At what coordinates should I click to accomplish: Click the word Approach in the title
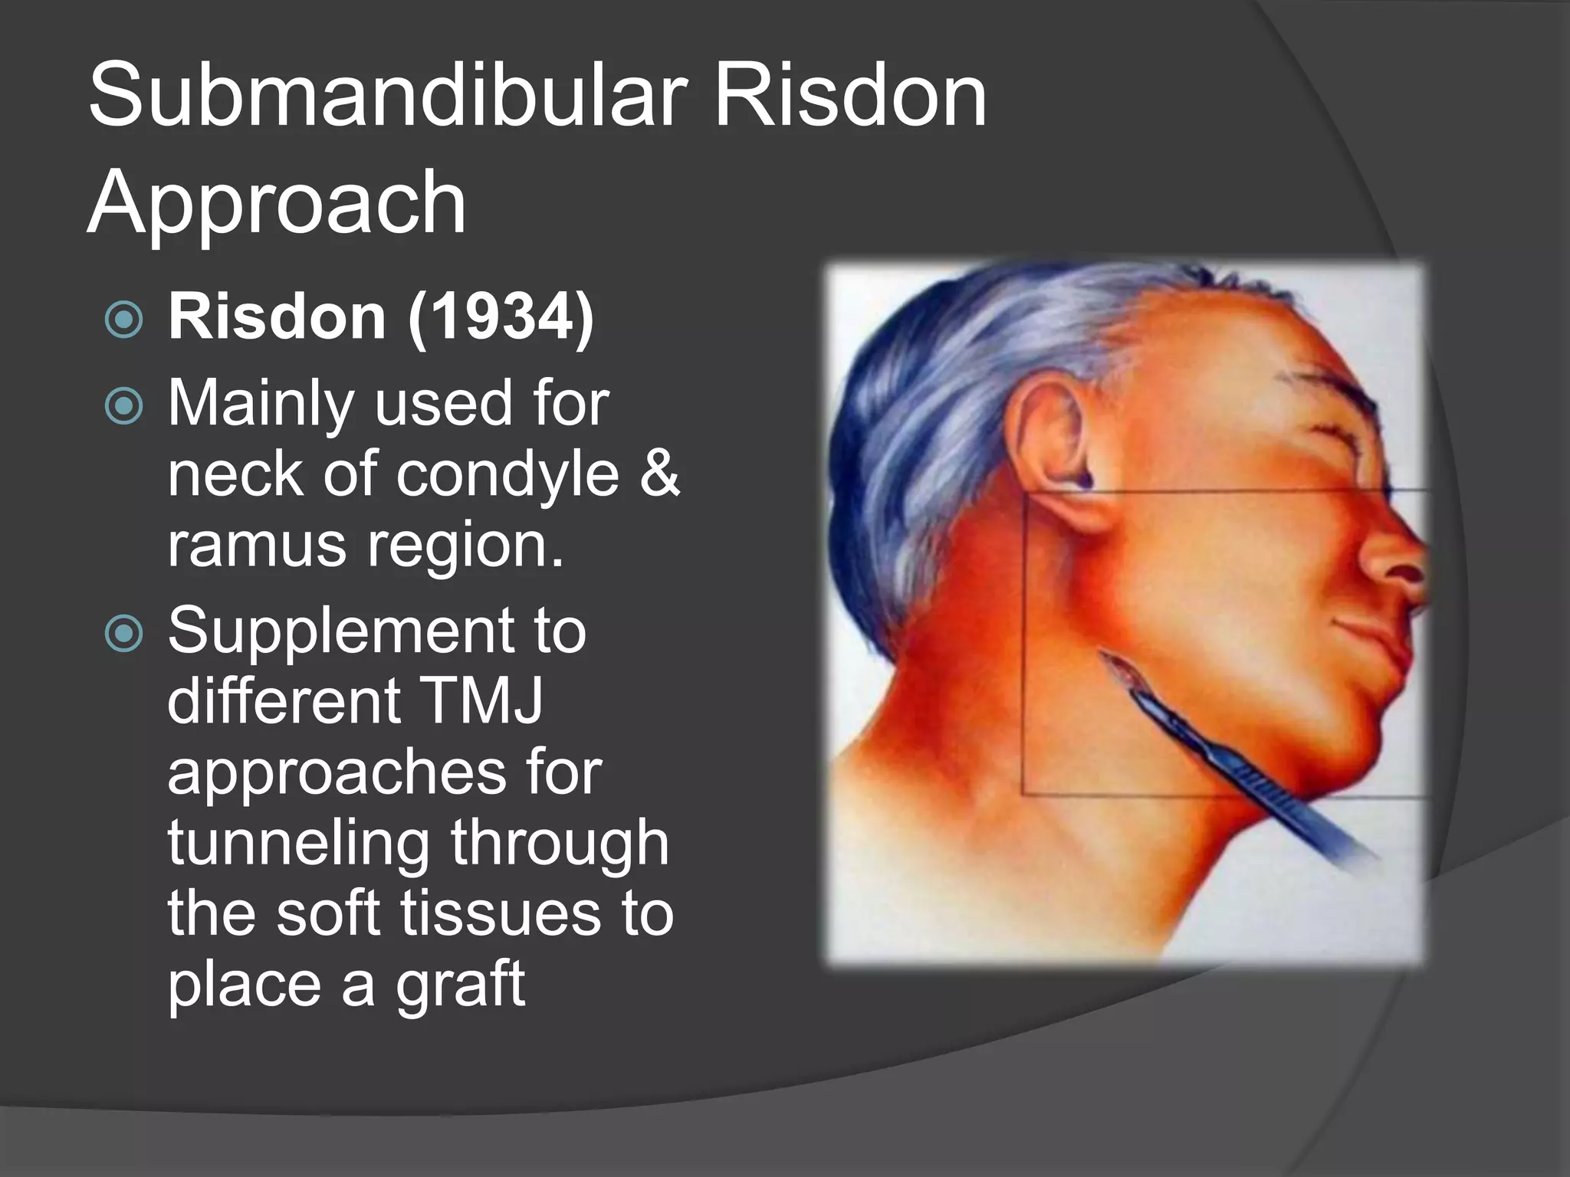[x=277, y=203]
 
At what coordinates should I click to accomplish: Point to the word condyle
[x=507, y=475]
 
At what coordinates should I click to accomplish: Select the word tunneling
[x=298, y=844]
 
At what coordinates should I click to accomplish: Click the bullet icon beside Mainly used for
[x=123, y=405]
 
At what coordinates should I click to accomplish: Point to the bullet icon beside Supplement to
[x=123, y=633]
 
